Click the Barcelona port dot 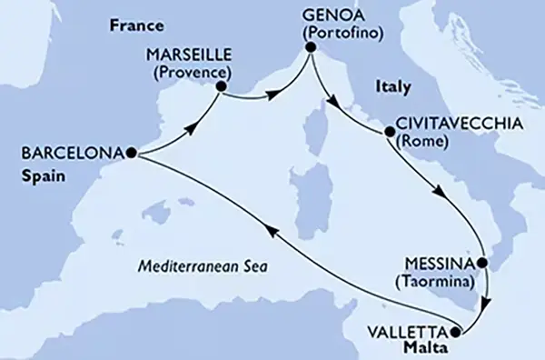(x=133, y=154)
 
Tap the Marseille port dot (x=220, y=88)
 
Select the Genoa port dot (x=309, y=51)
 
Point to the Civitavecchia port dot (x=391, y=133)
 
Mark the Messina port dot (x=483, y=264)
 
